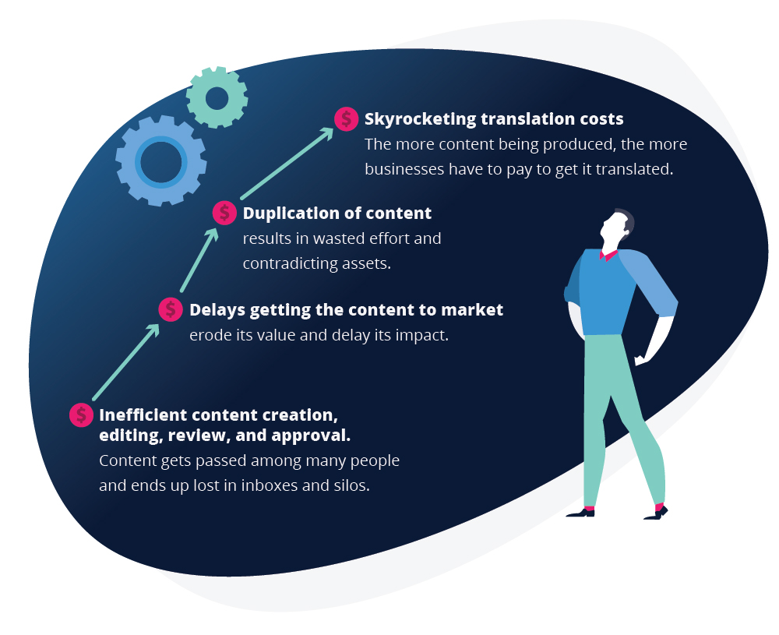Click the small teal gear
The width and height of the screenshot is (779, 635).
click(x=217, y=97)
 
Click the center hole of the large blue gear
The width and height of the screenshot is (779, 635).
click(x=161, y=162)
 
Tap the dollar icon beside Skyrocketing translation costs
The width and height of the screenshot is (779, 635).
click(x=347, y=119)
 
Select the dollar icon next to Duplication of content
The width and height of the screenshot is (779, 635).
click(x=224, y=213)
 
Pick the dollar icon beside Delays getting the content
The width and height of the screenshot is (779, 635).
click(x=171, y=309)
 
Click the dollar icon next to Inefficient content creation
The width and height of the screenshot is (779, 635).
click(x=82, y=415)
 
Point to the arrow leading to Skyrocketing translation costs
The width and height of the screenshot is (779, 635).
click(x=287, y=164)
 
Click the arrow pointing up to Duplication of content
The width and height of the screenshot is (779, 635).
click(x=199, y=259)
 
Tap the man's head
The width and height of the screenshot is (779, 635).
click(x=616, y=228)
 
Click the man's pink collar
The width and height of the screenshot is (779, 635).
click(x=608, y=256)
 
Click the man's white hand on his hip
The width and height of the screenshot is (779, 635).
click(x=641, y=358)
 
